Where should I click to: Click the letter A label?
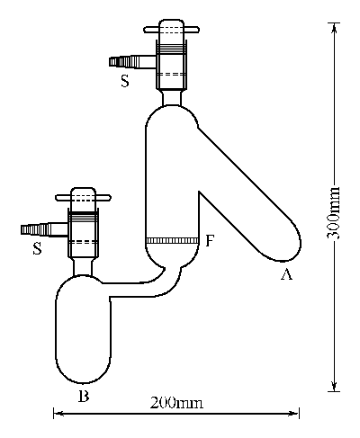pos(286,274)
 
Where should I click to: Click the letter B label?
pos(84,396)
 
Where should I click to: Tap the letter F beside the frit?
pos(210,241)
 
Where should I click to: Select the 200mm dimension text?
pos(176,403)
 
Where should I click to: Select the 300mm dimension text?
pos(334,213)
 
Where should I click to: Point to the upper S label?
pos(125,81)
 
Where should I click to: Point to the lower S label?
pos(37,248)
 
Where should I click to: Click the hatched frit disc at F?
pos(172,240)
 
